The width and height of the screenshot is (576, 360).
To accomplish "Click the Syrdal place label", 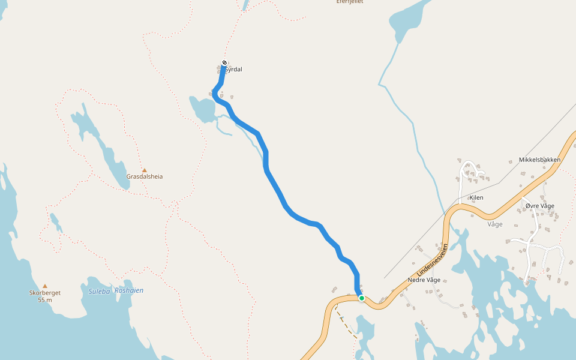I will pyautogui.click(x=233, y=70).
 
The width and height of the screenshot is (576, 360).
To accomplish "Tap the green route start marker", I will pyautogui.click(x=362, y=298).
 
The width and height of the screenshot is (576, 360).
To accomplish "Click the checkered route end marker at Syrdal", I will pyautogui.click(x=224, y=63).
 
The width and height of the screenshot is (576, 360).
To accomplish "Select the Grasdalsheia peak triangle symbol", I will pyautogui.click(x=145, y=170).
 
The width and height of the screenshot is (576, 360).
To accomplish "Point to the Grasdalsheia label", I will pyautogui.click(x=145, y=177).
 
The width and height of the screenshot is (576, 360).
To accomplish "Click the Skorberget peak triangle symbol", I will pyautogui.click(x=45, y=286).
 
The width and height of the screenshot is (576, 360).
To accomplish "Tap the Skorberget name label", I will pyautogui.click(x=45, y=293).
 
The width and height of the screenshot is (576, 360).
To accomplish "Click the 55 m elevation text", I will pyautogui.click(x=45, y=299).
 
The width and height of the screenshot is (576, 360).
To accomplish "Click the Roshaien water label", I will pyautogui.click(x=129, y=290).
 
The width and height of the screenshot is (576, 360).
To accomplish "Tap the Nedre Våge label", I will pyautogui.click(x=424, y=280).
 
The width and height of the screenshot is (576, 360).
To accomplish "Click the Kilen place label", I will pyautogui.click(x=476, y=197).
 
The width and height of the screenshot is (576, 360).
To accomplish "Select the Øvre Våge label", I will pyautogui.click(x=539, y=206).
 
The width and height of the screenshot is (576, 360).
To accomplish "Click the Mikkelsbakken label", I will pyautogui.click(x=539, y=160).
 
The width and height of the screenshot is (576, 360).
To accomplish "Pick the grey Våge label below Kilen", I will pyautogui.click(x=495, y=224).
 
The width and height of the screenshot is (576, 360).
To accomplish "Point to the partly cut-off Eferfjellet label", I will pyautogui.click(x=349, y=2).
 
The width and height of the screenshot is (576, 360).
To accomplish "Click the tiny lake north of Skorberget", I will pyautogui.click(x=55, y=222).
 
